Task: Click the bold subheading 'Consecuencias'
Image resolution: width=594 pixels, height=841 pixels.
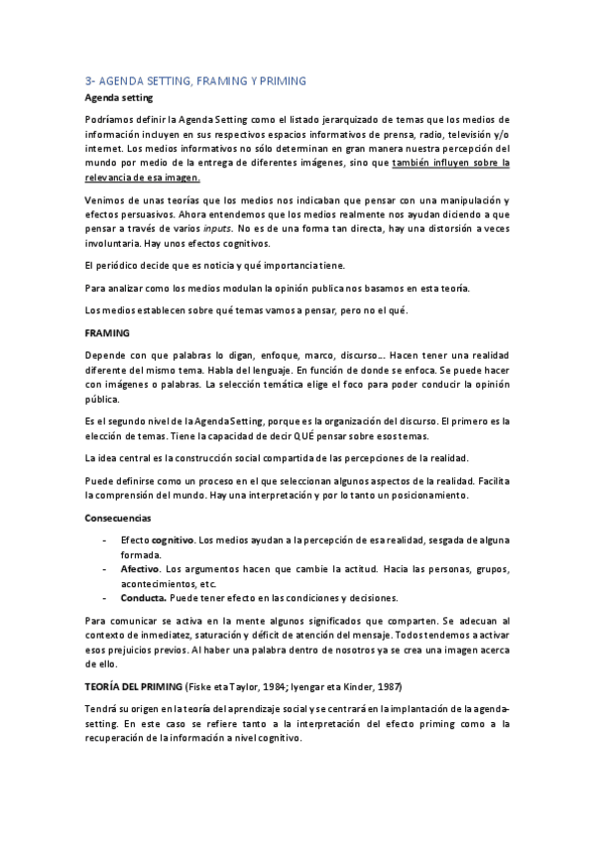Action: tap(118, 518)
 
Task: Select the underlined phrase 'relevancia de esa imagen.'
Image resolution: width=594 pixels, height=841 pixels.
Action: tap(142, 178)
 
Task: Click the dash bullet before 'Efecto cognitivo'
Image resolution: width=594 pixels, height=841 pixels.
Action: tap(105, 541)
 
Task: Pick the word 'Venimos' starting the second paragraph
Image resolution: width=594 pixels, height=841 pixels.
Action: tap(105, 199)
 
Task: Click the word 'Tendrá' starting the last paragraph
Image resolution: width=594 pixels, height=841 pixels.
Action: tap(100, 710)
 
